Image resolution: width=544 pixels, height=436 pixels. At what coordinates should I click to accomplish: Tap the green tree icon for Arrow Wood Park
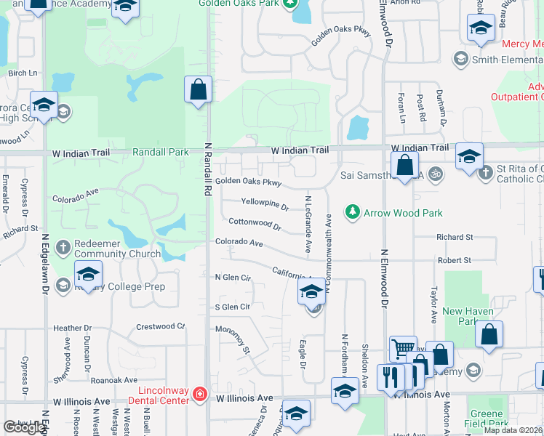[353, 212]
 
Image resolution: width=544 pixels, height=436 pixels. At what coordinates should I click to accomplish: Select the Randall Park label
[160, 152]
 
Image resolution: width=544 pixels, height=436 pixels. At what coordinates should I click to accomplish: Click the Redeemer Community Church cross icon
[63, 248]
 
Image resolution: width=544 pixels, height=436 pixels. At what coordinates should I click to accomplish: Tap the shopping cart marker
[402, 349]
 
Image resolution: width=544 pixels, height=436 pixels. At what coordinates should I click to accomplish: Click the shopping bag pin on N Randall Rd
[198, 91]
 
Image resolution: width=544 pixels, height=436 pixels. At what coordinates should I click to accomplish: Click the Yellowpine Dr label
[265, 203]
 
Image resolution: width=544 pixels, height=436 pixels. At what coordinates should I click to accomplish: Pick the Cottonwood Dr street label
[255, 224]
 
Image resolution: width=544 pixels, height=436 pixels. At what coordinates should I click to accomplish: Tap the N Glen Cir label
[233, 278]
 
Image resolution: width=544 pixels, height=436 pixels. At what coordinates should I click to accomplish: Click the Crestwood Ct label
[161, 327]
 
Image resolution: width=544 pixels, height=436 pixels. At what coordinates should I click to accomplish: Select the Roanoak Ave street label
[113, 379]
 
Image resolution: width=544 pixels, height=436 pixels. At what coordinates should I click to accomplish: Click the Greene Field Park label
[487, 419]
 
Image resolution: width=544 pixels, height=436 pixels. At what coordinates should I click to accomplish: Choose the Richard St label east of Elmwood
[454, 237]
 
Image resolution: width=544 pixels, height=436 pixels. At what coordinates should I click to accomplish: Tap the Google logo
[24, 427]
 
